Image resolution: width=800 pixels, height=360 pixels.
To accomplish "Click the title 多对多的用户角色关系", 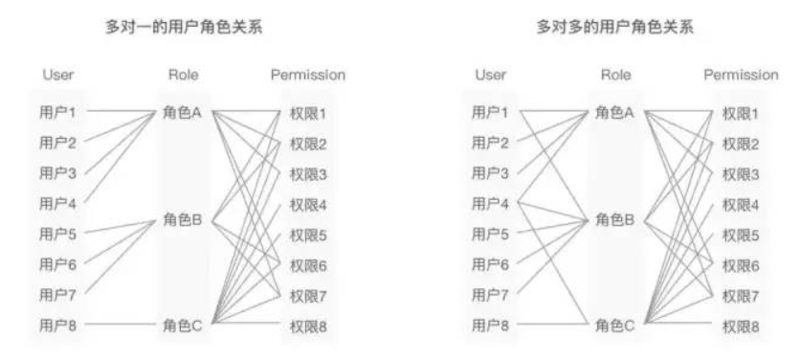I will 615,30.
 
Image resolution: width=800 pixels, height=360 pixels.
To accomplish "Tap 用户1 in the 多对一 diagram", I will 57,113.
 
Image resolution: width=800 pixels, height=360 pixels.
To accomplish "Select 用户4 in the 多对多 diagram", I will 490,204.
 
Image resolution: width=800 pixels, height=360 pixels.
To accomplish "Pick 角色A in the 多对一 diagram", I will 183,113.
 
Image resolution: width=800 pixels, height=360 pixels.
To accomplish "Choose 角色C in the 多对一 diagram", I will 183,326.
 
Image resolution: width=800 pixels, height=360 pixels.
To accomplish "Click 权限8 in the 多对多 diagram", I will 740,326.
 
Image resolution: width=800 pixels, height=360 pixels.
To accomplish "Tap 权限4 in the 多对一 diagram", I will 308,204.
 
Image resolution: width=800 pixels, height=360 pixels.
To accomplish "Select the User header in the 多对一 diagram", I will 58,75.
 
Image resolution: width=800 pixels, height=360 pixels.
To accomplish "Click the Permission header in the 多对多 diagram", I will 741,75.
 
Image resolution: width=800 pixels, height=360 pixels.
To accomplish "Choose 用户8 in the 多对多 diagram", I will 490,326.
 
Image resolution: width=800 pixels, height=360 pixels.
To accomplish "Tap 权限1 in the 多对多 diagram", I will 740,113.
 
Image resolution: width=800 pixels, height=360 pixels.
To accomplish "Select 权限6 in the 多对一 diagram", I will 308,265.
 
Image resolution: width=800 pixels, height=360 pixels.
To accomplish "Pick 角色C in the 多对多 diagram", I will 615,326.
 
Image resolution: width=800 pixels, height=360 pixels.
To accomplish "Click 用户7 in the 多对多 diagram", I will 490,295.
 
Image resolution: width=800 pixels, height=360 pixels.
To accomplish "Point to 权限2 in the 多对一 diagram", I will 308,144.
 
